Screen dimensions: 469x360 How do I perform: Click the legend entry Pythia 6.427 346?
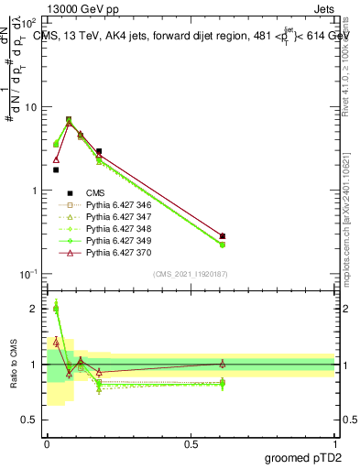(117, 204)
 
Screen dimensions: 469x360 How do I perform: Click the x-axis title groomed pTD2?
(302, 457)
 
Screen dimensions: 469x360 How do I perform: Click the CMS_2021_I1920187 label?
(190, 273)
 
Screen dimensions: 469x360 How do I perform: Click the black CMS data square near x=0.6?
(223, 236)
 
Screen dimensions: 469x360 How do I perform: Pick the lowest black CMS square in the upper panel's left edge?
(56, 169)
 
